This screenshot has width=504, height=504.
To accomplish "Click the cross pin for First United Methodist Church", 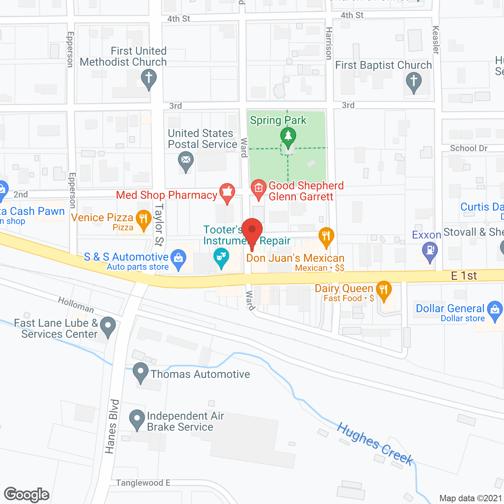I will click(x=149, y=78).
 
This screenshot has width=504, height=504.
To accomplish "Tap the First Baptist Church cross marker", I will click(x=413, y=82).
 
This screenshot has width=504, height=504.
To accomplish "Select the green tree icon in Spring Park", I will click(x=288, y=136).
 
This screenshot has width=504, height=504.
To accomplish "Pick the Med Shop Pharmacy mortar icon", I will click(x=227, y=192).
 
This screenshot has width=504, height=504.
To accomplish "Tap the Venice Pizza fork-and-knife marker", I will click(x=143, y=219).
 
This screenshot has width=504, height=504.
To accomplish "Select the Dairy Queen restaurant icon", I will click(x=384, y=290).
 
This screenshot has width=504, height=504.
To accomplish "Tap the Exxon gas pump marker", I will click(x=430, y=250).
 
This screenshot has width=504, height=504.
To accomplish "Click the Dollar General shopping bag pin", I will click(x=495, y=310).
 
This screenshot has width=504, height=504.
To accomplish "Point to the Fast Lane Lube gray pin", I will click(x=107, y=326).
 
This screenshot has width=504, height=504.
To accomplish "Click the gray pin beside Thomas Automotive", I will click(x=141, y=371).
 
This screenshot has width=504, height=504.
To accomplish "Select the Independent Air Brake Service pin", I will click(x=137, y=419).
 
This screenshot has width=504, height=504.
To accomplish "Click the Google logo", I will click(x=27, y=495).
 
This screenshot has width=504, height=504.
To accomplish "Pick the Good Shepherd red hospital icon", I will click(x=258, y=188).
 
